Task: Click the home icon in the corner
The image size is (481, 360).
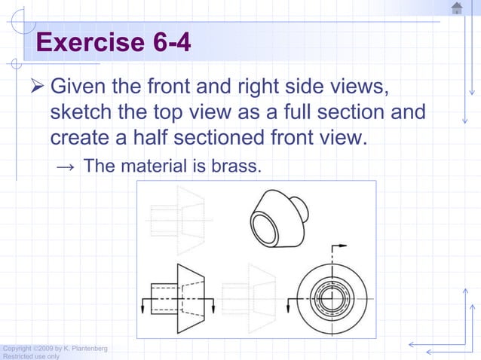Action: click(x=457, y=8)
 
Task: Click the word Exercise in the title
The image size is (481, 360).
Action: click(x=84, y=43)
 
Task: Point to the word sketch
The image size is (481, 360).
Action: click(x=79, y=114)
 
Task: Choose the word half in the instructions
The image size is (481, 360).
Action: click(x=161, y=139)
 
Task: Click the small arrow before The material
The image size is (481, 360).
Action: click(x=66, y=166)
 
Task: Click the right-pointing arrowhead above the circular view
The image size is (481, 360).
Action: click(x=346, y=246)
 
